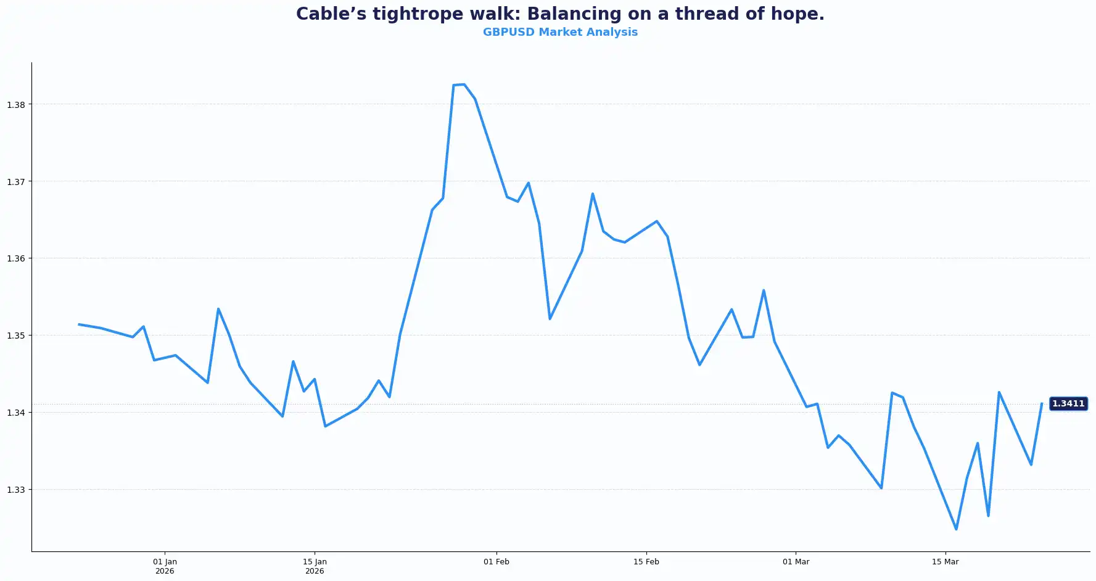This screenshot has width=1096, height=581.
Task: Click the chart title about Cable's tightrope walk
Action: pos(560,14)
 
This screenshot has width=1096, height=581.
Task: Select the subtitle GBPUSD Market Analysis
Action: pos(560,32)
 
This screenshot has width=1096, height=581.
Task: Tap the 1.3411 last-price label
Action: pos(1068,404)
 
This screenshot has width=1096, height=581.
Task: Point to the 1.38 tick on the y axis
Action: pos(16,105)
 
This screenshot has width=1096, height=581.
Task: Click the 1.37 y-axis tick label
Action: pos(16,182)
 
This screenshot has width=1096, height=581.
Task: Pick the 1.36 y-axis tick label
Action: pos(16,258)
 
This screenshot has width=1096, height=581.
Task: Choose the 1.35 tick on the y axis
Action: pos(16,336)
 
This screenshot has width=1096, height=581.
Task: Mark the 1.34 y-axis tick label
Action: pos(16,413)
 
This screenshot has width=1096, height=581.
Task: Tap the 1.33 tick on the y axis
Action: pos(16,490)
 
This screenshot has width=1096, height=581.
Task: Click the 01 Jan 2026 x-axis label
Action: pos(165,566)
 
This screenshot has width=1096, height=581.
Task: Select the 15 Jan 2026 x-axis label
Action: pos(315,566)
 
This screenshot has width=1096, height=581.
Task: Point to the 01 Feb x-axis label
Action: pos(496,562)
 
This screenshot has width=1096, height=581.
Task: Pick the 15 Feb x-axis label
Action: pos(646,562)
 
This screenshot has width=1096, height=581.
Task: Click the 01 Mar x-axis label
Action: pos(796,562)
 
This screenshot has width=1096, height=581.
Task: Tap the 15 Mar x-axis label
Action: pos(945,562)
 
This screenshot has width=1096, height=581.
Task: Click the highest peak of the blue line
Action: pos(464,84)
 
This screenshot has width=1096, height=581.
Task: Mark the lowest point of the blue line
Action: pos(956,529)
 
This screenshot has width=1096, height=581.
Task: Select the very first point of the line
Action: pos(79,324)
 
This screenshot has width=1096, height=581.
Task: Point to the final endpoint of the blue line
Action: pos(1042,404)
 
